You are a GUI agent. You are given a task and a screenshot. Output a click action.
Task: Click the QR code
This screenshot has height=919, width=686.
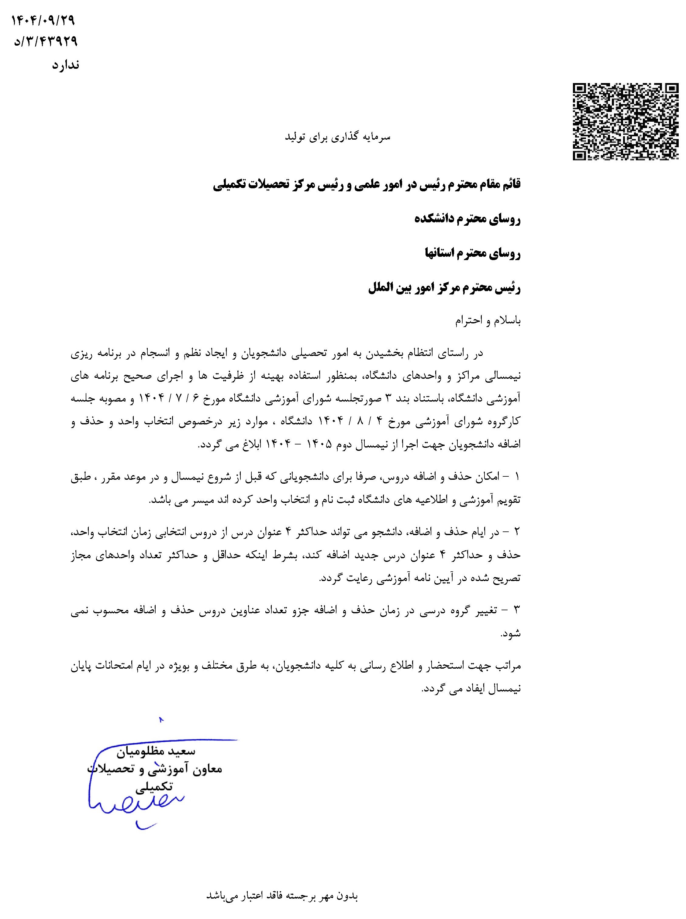[626, 121]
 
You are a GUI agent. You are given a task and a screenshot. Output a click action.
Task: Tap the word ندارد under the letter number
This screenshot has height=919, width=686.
[65, 65]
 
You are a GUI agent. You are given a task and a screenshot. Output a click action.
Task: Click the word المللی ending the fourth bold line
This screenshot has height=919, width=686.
[384, 288]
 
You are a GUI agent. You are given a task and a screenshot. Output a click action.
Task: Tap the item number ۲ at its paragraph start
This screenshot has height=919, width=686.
[517, 532]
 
